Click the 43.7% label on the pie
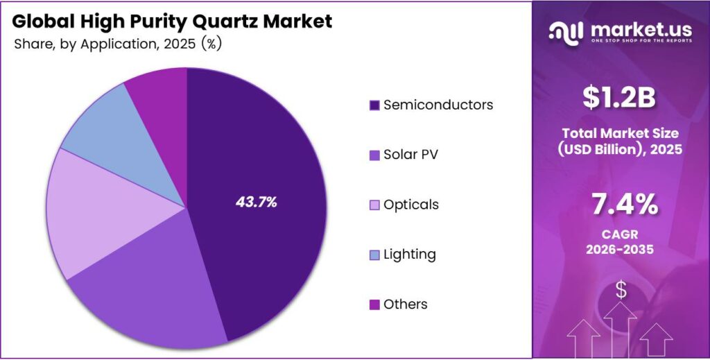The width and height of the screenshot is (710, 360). (x=257, y=203)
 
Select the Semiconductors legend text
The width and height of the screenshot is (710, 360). (x=438, y=105)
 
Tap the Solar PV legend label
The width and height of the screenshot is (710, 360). (x=410, y=154)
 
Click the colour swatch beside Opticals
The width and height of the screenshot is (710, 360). (x=374, y=205)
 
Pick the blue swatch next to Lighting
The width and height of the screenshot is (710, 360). (x=374, y=255)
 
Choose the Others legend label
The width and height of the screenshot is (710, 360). (x=406, y=305)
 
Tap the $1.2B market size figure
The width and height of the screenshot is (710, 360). (x=619, y=98)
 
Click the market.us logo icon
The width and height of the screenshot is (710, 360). (x=568, y=31)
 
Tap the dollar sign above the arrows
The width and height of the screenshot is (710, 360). (x=621, y=291)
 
